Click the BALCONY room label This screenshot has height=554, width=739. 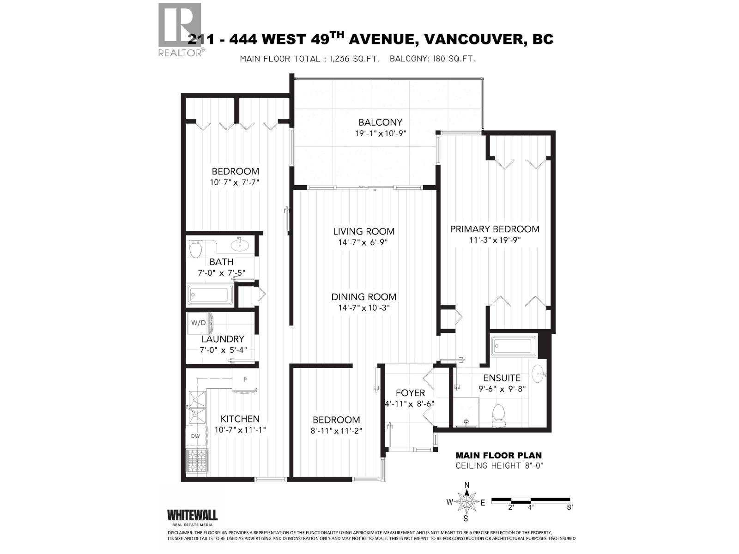pos(380,122)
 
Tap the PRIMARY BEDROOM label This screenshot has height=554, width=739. pos(495,229)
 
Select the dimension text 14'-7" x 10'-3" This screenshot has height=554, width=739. pos(364,308)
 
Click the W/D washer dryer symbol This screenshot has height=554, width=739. pos(199,323)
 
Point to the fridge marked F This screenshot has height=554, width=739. pos(245,380)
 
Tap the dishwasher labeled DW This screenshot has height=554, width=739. pos(195,436)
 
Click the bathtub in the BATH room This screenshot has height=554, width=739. pos(210,295)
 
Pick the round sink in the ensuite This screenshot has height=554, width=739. pos(538,373)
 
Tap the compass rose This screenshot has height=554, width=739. pos(466,502)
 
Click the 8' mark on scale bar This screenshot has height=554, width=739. pos(569,507)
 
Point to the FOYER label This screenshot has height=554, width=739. pos(410,393)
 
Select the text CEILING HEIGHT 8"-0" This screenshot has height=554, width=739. pos(499,465)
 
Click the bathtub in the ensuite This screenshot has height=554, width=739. pos(515,346)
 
